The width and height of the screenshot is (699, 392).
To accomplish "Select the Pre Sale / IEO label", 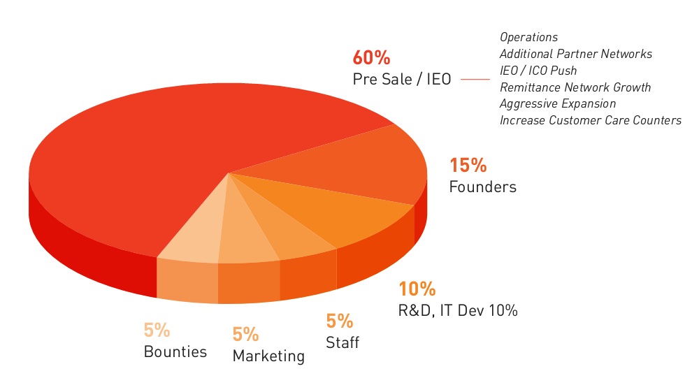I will click(x=402, y=79).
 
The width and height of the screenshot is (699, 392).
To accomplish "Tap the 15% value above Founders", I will click(x=468, y=166).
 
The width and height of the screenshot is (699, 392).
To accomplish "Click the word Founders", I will click(x=482, y=187).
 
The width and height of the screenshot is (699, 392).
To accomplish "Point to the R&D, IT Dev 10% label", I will click(x=458, y=310).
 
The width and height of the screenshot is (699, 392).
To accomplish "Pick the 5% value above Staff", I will click(x=340, y=321).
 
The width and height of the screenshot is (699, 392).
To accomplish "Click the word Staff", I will click(x=343, y=343).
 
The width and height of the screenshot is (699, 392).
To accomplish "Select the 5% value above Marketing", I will click(x=246, y=335).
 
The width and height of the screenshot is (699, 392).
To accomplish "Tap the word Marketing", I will click(x=268, y=356).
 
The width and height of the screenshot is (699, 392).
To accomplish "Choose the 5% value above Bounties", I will click(x=157, y=330).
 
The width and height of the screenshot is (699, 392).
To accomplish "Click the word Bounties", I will click(x=175, y=351).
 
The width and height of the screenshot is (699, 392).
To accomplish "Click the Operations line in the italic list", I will click(x=528, y=37).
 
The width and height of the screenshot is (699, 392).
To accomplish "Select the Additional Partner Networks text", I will click(x=576, y=54).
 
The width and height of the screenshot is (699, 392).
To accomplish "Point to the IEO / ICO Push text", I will click(x=538, y=71).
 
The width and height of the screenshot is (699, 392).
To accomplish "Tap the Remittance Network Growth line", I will click(x=575, y=87).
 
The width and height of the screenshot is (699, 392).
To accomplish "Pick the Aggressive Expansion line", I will click(x=558, y=103).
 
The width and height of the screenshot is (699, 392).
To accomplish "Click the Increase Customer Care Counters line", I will click(x=591, y=120).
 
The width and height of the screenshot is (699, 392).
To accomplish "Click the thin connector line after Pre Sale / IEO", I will click(x=475, y=79).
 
